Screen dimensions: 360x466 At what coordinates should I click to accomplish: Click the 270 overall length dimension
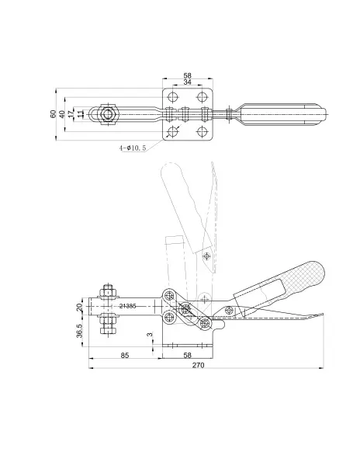199,365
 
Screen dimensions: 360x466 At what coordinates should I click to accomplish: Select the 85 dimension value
125,355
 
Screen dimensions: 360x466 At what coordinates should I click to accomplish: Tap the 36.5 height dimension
80,331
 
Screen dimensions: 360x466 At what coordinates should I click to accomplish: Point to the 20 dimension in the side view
80,307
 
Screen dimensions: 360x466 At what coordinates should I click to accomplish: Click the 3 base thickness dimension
150,335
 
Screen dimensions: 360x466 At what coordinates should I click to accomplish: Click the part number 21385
127,306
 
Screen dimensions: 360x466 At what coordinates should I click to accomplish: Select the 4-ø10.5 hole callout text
133,148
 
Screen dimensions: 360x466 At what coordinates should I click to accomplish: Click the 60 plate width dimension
53,114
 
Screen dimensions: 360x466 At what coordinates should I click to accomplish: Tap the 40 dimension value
62,114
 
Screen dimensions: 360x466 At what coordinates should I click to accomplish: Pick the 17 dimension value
71,114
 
